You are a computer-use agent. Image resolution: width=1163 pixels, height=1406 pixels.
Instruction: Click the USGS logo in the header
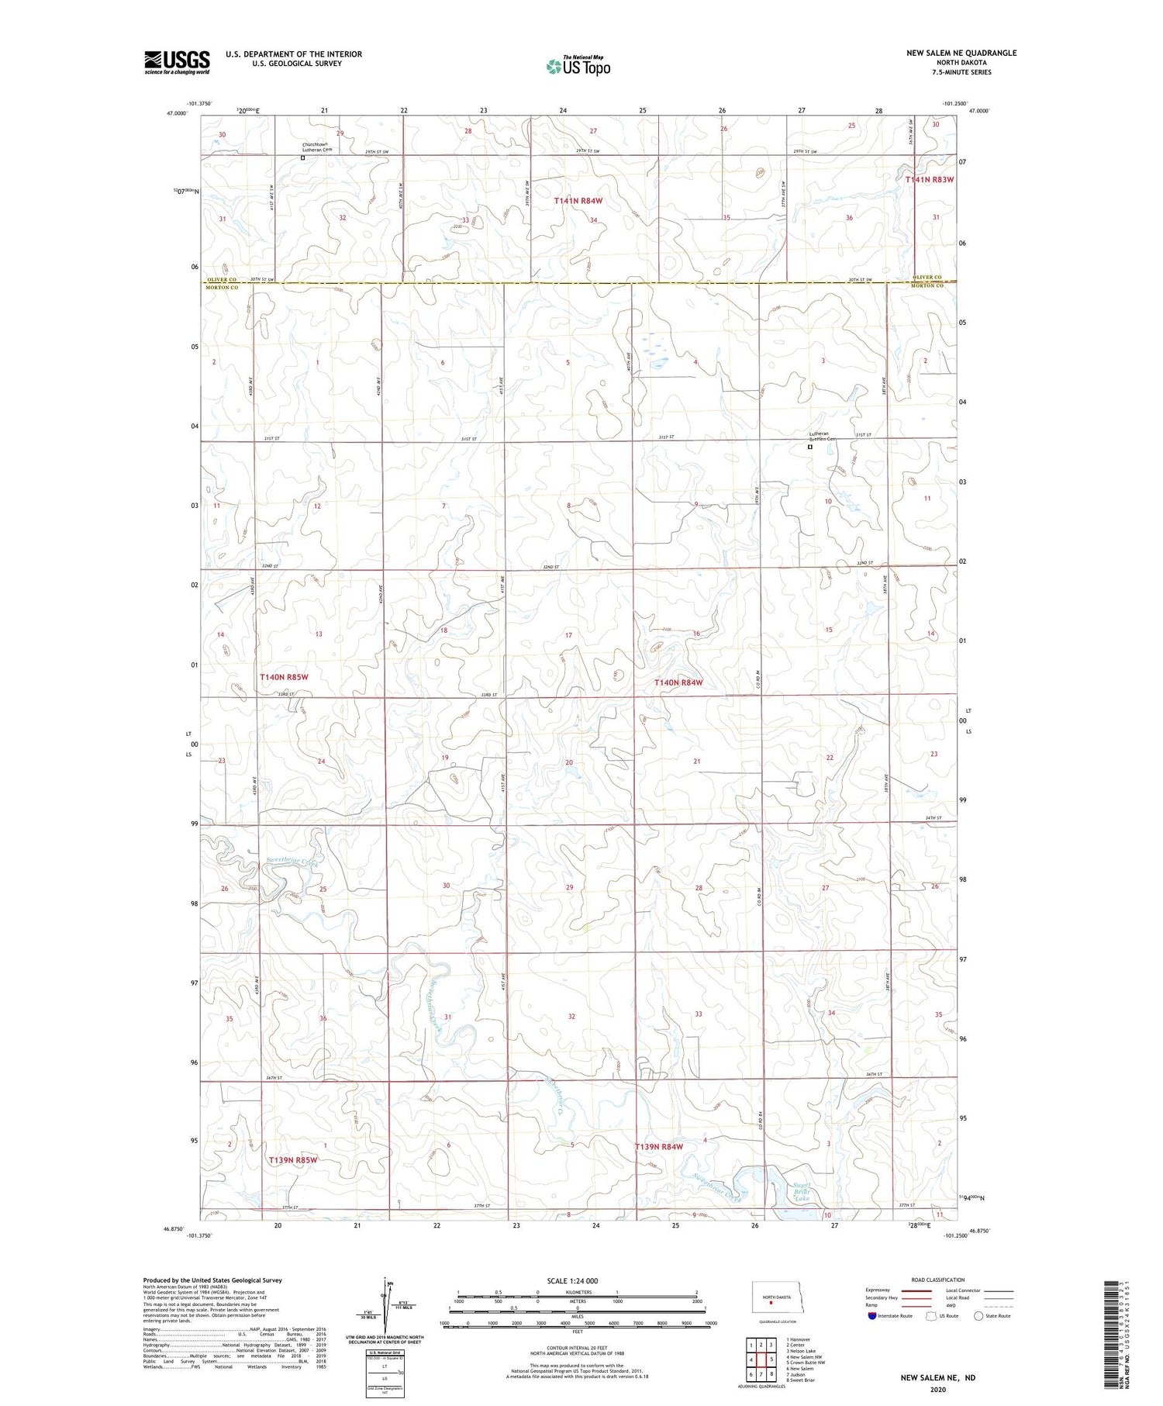click(x=177, y=62)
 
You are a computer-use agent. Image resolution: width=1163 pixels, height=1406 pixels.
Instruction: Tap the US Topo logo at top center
click(x=578, y=67)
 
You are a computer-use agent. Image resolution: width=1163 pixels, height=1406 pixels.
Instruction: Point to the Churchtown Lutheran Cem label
click(x=317, y=147)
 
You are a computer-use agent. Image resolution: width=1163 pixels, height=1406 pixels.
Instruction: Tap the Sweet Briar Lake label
click(x=802, y=1191)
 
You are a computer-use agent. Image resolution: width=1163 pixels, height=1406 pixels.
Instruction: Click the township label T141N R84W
click(x=578, y=201)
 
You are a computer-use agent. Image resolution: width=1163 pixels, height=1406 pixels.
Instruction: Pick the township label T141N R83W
click(x=929, y=179)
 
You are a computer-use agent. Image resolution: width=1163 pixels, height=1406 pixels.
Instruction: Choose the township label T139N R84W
click(x=659, y=1147)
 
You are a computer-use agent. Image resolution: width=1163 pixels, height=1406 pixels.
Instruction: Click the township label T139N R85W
click(x=293, y=1160)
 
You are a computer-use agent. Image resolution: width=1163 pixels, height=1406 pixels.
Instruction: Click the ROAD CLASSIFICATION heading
click(x=937, y=1280)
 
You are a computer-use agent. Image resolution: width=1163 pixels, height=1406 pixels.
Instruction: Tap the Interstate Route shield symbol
click(x=872, y=1316)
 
